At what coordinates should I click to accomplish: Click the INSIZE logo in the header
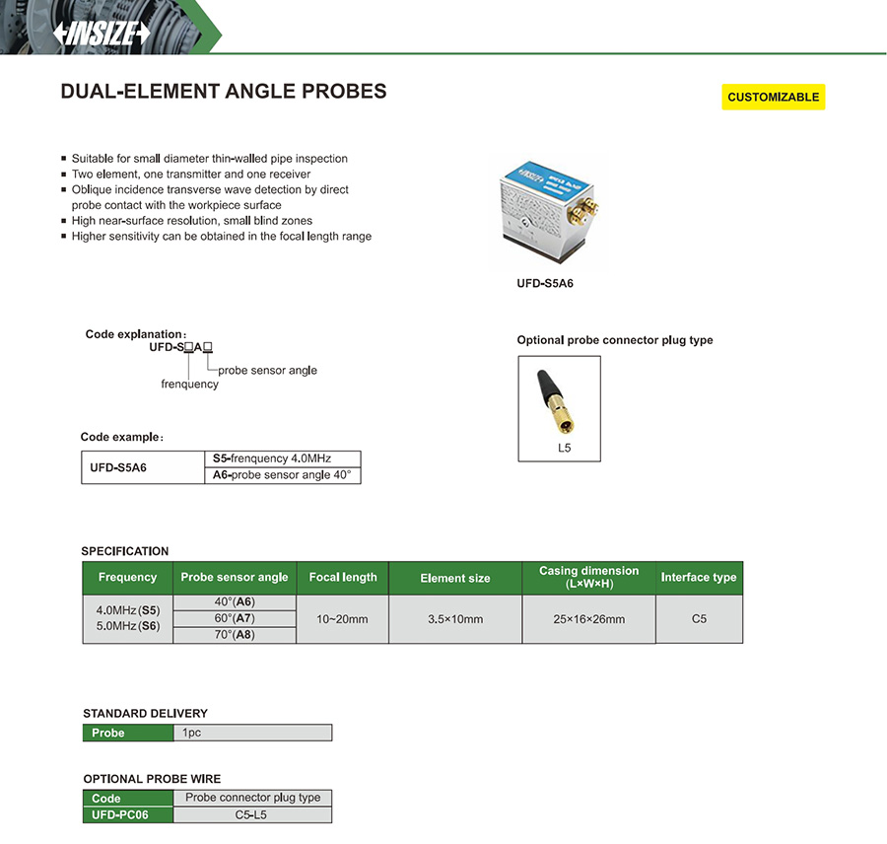(102, 33)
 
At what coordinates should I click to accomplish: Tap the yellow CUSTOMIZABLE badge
(773, 97)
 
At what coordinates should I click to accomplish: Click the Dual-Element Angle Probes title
(224, 92)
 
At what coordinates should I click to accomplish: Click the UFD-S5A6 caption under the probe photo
(545, 284)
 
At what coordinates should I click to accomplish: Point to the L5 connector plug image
(557, 401)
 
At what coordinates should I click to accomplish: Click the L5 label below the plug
(563, 449)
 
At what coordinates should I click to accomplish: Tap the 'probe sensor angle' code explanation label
(267, 370)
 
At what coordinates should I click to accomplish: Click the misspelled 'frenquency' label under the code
(189, 384)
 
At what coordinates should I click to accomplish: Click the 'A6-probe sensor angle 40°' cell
(282, 475)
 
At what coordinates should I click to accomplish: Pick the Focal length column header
(343, 578)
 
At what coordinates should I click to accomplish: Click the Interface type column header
(699, 578)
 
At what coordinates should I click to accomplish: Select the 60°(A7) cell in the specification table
(235, 618)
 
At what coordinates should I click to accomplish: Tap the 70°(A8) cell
(235, 635)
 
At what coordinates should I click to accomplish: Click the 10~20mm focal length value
(343, 619)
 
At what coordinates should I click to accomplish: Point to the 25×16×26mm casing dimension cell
(589, 619)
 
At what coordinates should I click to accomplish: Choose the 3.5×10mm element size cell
(455, 619)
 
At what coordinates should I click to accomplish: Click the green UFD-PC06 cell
(127, 815)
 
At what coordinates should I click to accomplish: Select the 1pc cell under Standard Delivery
(252, 733)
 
